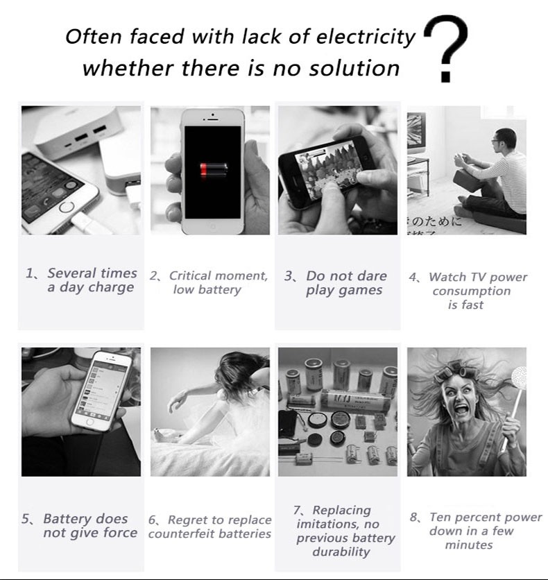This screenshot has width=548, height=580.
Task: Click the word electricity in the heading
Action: [366, 37]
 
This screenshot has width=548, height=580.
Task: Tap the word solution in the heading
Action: [354, 69]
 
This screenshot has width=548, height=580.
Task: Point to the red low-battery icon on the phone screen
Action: [214, 170]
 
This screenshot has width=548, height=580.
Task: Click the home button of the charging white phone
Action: [67, 207]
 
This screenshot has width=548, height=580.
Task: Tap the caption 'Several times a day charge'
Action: [81, 280]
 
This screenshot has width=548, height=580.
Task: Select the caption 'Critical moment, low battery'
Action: [209, 282]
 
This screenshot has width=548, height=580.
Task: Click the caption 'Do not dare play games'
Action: [336, 283]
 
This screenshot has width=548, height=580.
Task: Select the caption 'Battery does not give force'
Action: [79, 526]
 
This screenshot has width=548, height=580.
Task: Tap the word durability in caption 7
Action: [341, 552]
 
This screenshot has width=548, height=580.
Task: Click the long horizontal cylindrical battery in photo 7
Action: [354, 400]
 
